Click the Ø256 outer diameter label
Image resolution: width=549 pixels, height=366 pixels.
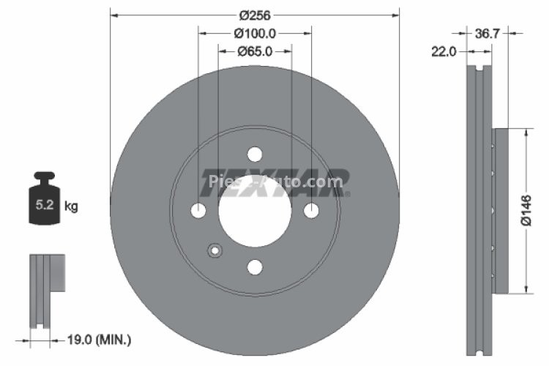coord(255,15)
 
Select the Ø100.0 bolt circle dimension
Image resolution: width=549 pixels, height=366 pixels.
coord(255,33)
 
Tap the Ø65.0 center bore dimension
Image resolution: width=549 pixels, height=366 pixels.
coord(255,51)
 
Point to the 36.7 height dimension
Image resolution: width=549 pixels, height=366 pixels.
coord(487,33)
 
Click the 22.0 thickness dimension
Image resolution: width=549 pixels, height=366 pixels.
coord(444,51)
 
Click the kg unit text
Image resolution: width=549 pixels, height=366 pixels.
coord(71,206)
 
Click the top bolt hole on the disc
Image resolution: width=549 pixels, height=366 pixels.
coord(255,154)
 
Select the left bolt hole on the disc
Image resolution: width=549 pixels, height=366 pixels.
coord(198,211)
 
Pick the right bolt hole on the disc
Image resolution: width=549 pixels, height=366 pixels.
coord(311,211)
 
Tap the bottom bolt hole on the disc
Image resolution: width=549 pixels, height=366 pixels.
coord(255,267)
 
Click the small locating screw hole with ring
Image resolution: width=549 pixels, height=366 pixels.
coord(214,251)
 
